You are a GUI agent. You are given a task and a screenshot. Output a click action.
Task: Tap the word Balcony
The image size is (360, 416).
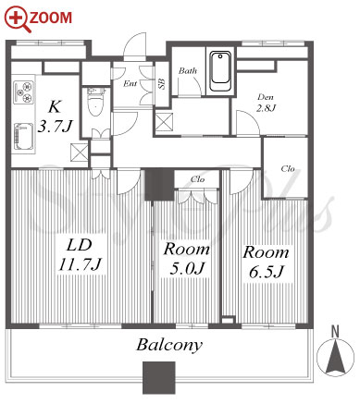169,346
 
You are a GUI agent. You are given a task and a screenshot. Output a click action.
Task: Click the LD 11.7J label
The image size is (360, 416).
80,255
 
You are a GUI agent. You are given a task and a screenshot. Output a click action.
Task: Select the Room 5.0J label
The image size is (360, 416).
187,259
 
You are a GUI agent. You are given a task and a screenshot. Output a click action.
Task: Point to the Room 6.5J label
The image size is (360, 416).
266,262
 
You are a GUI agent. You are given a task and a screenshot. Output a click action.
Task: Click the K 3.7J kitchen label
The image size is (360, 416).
56,116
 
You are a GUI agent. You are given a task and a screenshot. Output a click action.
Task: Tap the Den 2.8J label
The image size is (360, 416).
266,103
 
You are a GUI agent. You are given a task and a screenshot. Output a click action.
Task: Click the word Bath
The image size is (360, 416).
188,71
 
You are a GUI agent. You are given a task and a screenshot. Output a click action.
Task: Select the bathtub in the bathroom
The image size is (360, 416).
220,71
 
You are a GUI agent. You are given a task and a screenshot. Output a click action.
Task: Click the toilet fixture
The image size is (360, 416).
96,103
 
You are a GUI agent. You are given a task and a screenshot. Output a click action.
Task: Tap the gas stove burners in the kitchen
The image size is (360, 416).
23,92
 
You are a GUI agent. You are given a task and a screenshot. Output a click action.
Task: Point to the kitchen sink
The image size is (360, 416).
23,137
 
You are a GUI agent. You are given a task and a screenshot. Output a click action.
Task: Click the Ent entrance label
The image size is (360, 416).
130,83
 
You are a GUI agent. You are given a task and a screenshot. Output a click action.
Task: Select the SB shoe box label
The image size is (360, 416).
161,83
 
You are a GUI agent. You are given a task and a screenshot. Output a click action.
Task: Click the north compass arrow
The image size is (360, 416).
336,358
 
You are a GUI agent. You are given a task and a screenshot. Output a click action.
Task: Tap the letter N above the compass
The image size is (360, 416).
335,331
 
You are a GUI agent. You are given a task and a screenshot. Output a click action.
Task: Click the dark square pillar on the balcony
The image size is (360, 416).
159,378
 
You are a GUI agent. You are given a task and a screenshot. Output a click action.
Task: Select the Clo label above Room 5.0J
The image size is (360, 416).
197,179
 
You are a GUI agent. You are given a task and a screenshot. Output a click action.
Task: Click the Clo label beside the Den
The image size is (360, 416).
288,168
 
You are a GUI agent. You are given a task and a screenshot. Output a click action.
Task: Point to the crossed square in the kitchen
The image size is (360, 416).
80,153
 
